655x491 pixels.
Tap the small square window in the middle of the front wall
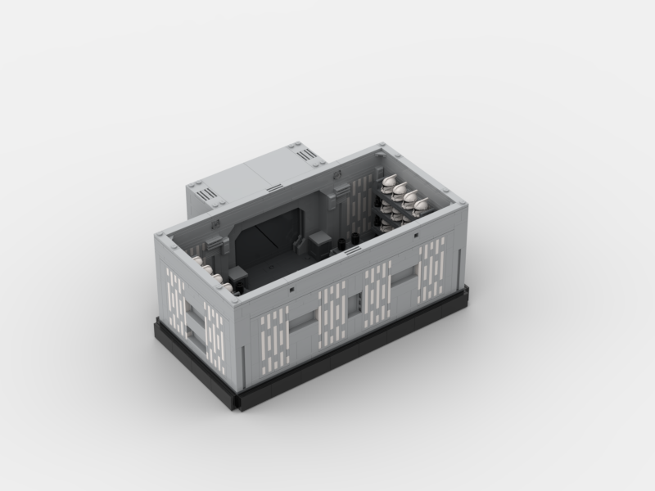point(354,304)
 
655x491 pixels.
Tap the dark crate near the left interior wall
point(238,276)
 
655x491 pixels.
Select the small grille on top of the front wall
point(292,289)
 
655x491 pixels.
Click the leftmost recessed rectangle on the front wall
point(303,319)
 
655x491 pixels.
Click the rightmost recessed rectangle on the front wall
point(404,279)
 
